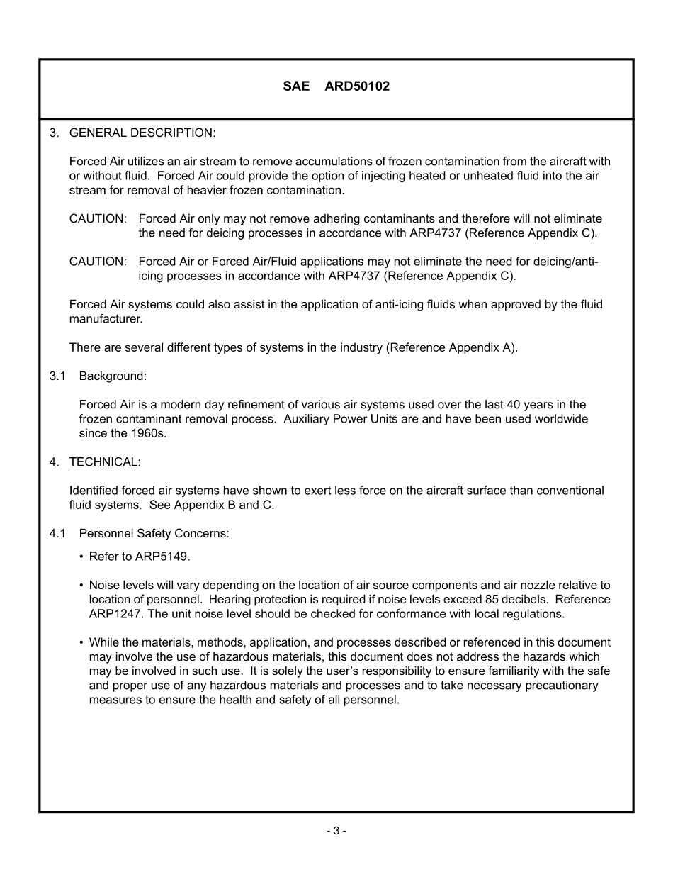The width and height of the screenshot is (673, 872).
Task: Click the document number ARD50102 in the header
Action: click(357, 86)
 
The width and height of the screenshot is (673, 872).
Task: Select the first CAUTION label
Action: click(98, 218)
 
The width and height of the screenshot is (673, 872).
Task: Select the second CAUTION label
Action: click(98, 262)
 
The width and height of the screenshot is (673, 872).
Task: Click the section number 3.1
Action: click(57, 376)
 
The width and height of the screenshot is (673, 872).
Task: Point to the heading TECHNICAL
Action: click(105, 462)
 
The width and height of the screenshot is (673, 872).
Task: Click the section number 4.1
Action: click(57, 533)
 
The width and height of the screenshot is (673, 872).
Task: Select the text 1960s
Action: click(149, 433)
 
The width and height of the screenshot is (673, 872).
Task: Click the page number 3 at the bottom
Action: click(336, 831)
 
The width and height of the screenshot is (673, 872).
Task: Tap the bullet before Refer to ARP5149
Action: click(81, 557)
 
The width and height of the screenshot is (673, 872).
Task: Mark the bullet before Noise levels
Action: click(81, 586)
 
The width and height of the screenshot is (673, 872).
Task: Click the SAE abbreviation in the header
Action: click(296, 86)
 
